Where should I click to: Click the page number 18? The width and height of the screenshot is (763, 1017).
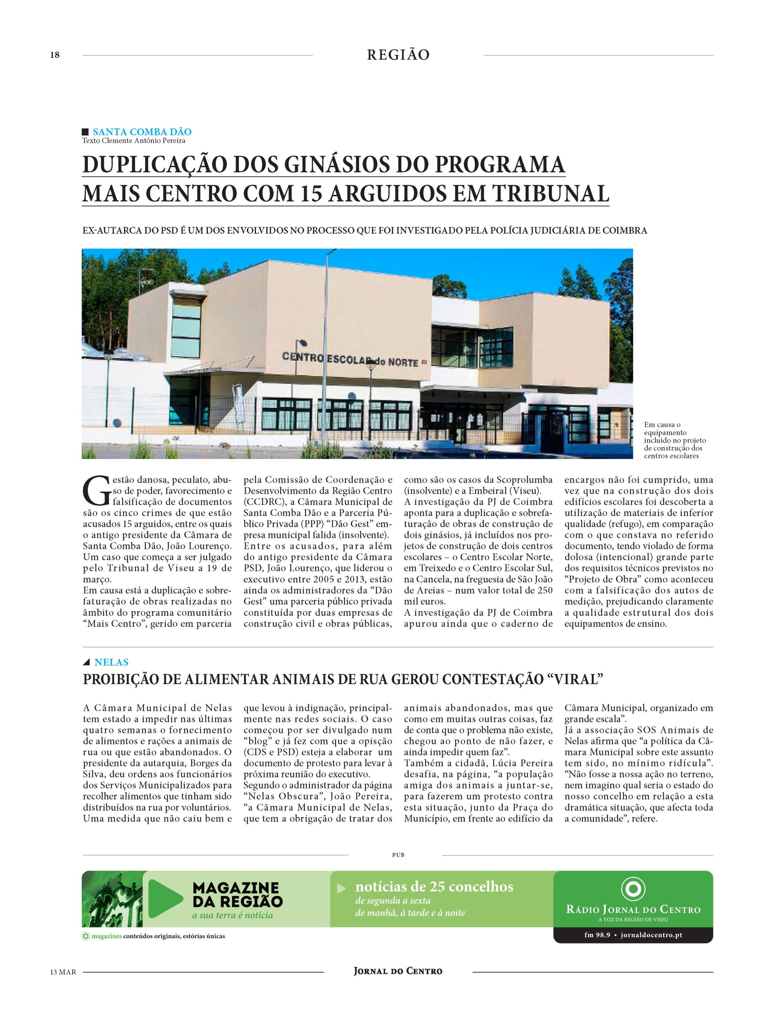[x=55, y=55]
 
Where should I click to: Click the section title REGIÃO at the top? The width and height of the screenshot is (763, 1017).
[x=398, y=55]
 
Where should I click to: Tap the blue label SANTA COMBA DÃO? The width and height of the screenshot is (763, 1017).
[x=141, y=132]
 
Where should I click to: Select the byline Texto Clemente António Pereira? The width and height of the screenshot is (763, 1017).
[x=134, y=141]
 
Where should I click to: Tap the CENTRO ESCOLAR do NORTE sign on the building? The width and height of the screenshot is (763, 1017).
[x=350, y=360]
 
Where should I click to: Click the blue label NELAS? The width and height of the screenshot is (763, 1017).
[x=111, y=662]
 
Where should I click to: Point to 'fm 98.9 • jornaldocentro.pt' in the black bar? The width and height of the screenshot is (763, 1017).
[x=633, y=935]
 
